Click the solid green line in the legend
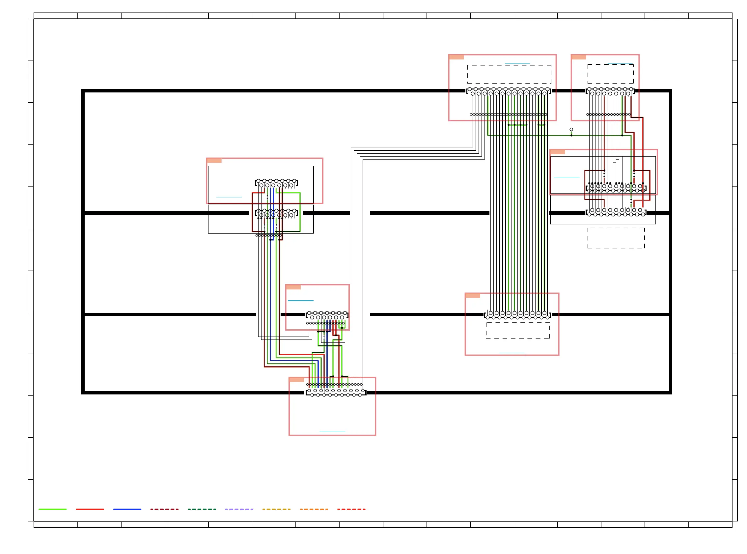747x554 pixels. point(52,509)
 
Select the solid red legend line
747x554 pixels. point(90,509)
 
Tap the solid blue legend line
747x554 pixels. point(127,509)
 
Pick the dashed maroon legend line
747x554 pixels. point(164,509)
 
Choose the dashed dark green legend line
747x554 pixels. point(202,509)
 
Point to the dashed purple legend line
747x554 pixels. point(239,509)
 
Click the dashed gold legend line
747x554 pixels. point(276,509)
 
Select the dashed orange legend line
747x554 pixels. point(314,509)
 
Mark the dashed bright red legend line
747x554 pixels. point(351,509)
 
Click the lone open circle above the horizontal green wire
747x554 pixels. point(571,129)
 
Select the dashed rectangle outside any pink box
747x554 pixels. point(616,238)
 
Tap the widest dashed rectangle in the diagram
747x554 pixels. point(509,74)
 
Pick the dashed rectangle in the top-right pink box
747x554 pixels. point(610,74)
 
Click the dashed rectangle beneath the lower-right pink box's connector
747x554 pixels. point(517,331)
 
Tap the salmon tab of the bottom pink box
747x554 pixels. point(296,380)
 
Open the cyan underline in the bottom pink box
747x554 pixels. point(332,431)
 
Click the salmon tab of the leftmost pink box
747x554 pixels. point(214,161)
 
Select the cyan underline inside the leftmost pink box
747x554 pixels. point(229,197)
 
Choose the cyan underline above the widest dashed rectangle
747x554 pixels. point(517,63)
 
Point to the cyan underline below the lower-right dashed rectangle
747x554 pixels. point(511,353)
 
